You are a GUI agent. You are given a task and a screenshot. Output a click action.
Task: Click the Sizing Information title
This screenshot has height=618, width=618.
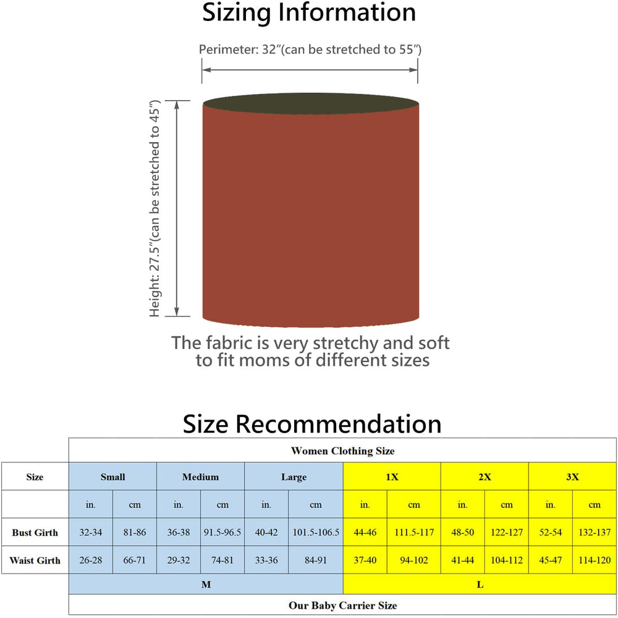(x=309, y=12)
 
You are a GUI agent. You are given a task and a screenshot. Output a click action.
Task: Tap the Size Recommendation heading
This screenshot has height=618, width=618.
(x=311, y=424)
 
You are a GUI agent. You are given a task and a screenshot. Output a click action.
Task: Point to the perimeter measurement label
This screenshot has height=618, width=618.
(x=310, y=49)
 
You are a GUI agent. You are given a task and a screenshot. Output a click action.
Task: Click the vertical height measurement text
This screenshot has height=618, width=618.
(x=154, y=208)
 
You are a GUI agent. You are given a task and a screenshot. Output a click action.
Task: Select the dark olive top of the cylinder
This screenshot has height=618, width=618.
(x=311, y=104)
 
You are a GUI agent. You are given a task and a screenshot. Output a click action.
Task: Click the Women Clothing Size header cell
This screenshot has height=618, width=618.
(x=342, y=451)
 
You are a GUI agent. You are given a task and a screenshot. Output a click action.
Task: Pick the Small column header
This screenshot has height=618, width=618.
(x=112, y=476)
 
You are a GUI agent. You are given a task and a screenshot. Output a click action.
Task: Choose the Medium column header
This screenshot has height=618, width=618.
(x=200, y=476)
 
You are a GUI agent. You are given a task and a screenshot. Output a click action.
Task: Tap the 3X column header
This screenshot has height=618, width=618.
(x=572, y=476)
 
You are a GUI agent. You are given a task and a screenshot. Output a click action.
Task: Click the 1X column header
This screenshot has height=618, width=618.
(x=392, y=476)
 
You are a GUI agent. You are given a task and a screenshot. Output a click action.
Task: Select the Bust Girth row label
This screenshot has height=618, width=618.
(x=35, y=532)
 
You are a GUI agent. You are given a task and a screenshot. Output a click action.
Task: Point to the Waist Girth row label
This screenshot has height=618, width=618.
(x=35, y=560)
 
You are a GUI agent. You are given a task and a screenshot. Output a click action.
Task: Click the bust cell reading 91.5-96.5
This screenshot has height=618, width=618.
(x=222, y=532)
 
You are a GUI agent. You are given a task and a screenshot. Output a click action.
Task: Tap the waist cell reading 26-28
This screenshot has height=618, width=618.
(x=91, y=560)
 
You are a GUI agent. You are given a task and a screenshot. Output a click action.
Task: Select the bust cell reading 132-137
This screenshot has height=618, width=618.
(x=595, y=532)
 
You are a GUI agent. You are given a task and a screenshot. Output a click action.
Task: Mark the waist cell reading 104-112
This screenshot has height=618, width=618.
(x=507, y=560)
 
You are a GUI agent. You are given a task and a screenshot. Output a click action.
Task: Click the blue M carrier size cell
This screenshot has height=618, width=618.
(x=206, y=584)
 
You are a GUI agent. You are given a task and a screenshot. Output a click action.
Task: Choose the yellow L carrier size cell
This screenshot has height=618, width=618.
(x=480, y=584)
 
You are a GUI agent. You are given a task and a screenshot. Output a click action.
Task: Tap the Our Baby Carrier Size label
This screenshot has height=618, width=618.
(x=342, y=605)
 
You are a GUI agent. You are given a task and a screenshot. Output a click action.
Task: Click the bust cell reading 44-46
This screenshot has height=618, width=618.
(x=365, y=532)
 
